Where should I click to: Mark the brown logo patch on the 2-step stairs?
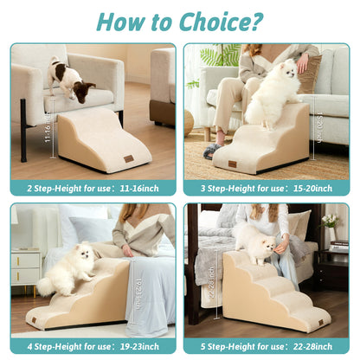tap(128, 158)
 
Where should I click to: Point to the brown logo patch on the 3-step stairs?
tap(232, 163)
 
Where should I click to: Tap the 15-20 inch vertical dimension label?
tap(319, 131)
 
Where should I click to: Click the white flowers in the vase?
tap(330, 222)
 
